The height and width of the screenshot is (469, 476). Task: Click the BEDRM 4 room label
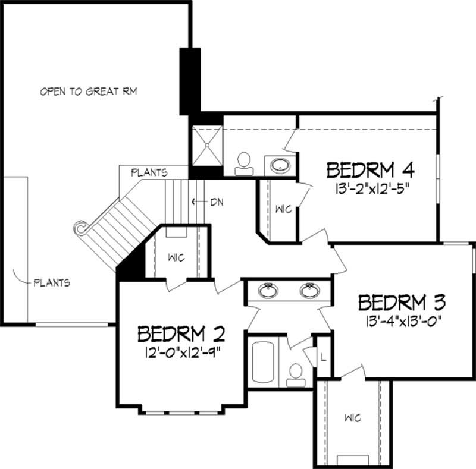(370, 170)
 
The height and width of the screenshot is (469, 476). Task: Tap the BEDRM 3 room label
(402, 303)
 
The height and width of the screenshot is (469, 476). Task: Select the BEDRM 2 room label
(181, 333)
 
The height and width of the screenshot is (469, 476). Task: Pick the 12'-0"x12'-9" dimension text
(181, 353)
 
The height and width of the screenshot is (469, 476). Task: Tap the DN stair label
(216, 202)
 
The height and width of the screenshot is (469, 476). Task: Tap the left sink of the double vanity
(268, 291)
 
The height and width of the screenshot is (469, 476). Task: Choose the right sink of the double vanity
(309, 291)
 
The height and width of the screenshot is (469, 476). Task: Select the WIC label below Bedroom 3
(352, 418)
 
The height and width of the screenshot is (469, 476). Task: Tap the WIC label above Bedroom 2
(176, 257)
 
